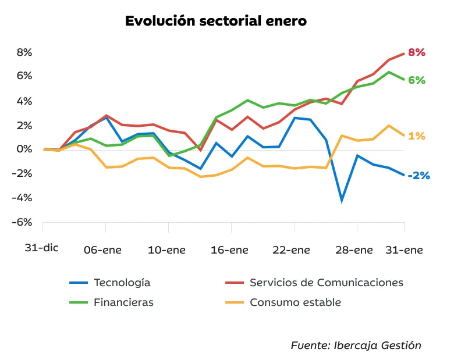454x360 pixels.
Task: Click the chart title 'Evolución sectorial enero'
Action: (x=216, y=21)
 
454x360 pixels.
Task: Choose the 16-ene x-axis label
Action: (x=230, y=250)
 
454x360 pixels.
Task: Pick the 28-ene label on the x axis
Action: (x=355, y=250)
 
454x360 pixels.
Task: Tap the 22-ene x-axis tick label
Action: (x=292, y=250)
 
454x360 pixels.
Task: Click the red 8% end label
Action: (x=417, y=52)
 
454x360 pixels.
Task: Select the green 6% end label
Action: (x=417, y=80)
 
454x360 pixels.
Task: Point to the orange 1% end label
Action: (x=417, y=136)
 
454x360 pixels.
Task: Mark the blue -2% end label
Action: (x=418, y=175)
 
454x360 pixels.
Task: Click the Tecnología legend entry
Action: (x=122, y=283)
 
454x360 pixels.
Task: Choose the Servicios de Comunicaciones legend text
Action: (x=327, y=283)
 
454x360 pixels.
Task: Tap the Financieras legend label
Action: (x=124, y=302)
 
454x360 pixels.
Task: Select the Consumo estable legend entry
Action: (x=295, y=302)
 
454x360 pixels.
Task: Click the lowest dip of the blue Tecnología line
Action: (x=342, y=201)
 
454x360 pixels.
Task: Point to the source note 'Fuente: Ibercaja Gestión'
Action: (x=356, y=345)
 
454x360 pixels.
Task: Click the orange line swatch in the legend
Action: (x=234, y=302)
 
